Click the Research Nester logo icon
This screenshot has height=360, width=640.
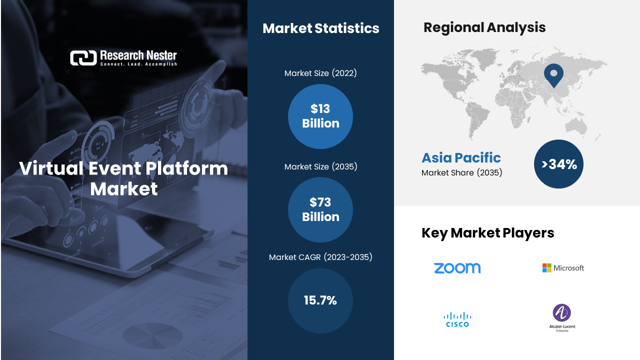(x=83, y=58)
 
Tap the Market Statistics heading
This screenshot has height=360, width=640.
(x=321, y=28)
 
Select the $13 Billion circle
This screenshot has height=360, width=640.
(x=320, y=116)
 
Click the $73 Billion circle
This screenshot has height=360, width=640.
(x=320, y=209)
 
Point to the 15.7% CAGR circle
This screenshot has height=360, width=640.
(x=320, y=300)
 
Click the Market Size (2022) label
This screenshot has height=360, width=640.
(x=320, y=73)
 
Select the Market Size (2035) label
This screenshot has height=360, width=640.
(x=320, y=166)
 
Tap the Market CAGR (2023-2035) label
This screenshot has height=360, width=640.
(x=320, y=257)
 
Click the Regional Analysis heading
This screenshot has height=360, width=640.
(x=484, y=27)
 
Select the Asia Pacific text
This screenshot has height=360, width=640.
(x=461, y=157)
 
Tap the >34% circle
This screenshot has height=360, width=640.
(x=558, y=164)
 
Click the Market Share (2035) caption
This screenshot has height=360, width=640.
(x=461, y=172)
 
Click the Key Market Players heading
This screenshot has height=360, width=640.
(x=487, y=233)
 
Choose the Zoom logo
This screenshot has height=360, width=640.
(x=457, y=268)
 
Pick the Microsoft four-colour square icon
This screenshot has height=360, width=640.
(x=547, y=268)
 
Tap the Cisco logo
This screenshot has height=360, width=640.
(x=457, y=319)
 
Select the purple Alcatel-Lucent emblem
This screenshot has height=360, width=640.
(x=561, y=312)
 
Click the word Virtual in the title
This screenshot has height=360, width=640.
(x=51, y=168)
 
